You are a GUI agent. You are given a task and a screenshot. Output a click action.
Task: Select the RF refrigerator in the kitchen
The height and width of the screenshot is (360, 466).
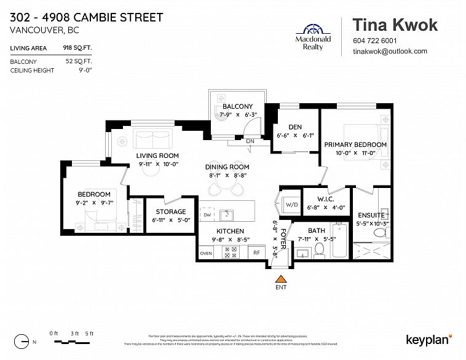pyautogui.click(x=257, y=252)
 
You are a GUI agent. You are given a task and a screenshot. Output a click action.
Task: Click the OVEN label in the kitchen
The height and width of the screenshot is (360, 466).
pyautogui.click(x=206, y=253)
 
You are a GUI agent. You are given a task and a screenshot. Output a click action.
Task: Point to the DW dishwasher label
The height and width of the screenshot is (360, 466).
pyautogui.click(x=208, y=215)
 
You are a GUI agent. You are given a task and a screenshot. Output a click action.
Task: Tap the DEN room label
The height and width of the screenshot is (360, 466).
pyautogui.click(x=294, y=127)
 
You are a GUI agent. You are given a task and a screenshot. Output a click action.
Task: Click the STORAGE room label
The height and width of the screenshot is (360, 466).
pyautogui.click(x=170, y=211)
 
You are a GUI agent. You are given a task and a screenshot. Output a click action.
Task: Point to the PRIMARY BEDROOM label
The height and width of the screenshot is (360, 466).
pyautogui.click(x=355, y=144)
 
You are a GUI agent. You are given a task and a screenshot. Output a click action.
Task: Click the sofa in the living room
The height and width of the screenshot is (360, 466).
pyautogui.click(x=153, y=138)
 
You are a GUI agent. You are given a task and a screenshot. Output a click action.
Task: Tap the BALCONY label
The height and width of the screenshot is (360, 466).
pyautogui.click(x=237, y=106)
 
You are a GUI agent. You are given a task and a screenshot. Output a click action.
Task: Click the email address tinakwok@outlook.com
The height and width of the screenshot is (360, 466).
pyautogui.click(x=389, y=52)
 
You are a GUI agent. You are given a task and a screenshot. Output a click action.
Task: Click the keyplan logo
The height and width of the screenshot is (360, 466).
pyautogui.click(x=428, y=339)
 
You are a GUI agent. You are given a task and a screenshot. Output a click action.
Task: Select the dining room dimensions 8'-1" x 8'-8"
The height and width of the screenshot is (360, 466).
pyautogui.click(x=227, y=175)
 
